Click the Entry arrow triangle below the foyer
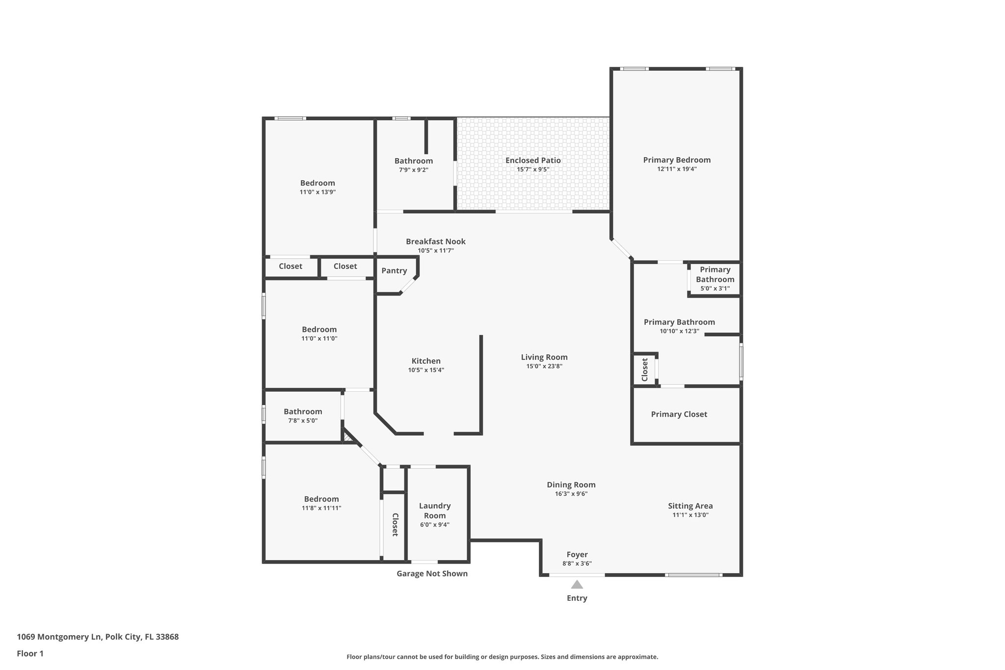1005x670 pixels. pyautogui.click(x=577, y=585)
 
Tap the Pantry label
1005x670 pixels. pyautogui.click(x=394, y=271)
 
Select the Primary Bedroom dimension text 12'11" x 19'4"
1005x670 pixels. pyautogui.click(x=677, y=169)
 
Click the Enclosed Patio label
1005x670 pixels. pyautogui.click(x=533, y=161)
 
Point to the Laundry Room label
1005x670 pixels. pyautogui.click(x=435, y=510)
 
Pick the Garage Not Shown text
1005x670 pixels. pyautogui.click(x=432, y=573)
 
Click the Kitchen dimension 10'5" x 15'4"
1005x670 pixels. pyautogui.click(x=426, y=370)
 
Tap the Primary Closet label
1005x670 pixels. pyautogui.click(x=679, y=414)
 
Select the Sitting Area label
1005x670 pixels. pyautogui.click(x=690, y=506)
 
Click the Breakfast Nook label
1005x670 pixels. pyautogui.click(x=435, y=241)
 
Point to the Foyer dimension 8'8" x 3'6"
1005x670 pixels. pyautogui.click(x=577, y=563)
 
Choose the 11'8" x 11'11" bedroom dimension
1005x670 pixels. pyautogui.click(x=321, y=508)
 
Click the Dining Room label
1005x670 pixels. pyautogui.click(x=571, y=485)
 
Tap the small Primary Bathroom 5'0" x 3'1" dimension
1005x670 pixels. pyautogui.click(x=714, y=289)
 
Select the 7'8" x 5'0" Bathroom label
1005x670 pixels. pyautogui.click(x=303, y=412)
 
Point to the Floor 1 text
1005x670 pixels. pyautogui.click(x=30, y=653)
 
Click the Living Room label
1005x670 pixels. pyautogui.click(x=544, y=357)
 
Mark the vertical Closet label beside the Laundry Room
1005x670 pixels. pyautogui.click(x=395, y=524)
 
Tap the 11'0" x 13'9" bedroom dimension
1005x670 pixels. pyautogui.click(x=317, y=192)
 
